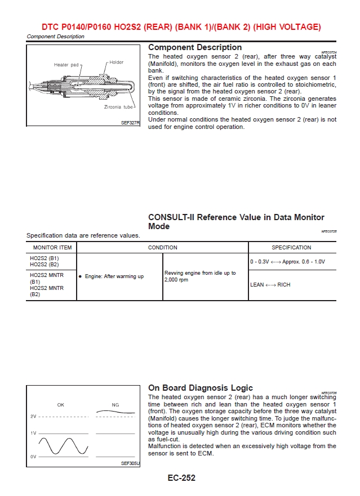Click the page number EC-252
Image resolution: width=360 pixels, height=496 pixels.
pos(181,478)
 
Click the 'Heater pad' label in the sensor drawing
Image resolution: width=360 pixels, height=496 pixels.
pos(67,65)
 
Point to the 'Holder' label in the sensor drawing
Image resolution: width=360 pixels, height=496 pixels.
pos(116,62)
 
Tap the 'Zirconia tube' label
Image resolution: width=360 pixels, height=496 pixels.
pos(118,107)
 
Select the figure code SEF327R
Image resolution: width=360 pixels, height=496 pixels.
pos(130,122)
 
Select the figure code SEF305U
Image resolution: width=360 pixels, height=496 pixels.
pos(130,463)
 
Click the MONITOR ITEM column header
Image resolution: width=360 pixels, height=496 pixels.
pos(52,247)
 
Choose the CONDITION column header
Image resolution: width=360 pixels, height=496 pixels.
pos(162,247)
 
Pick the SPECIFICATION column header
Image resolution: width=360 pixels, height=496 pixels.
pos(291,247)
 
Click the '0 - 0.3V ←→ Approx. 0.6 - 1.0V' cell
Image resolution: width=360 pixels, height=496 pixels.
pos(287,261)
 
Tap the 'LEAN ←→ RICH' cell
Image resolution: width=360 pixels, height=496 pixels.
pos(270,285)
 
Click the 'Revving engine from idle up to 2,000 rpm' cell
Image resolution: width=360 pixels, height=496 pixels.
pos(200,276)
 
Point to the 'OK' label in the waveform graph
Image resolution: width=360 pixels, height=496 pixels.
pos(60,404)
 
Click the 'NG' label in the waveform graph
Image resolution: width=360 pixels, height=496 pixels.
pos(115,404)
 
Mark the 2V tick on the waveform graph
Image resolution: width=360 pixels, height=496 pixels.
pos(33,416)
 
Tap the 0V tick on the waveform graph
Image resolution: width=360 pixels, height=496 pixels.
pos(33,457)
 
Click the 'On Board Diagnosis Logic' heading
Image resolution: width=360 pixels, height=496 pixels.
pos(200,388)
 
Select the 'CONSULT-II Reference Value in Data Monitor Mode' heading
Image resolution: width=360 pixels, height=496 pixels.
pos(236,221)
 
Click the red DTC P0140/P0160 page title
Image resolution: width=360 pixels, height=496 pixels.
pos(181,26)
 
